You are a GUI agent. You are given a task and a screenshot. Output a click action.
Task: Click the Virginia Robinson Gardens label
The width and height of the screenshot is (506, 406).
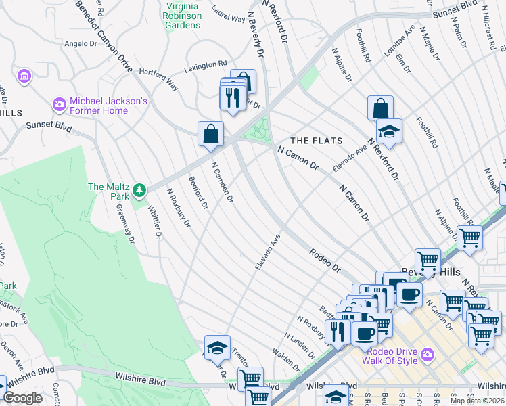point(183,16)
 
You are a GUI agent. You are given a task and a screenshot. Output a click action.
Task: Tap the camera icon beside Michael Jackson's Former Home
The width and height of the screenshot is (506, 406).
point(59,105)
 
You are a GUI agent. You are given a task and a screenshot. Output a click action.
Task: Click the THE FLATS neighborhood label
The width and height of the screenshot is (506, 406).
point(317,141)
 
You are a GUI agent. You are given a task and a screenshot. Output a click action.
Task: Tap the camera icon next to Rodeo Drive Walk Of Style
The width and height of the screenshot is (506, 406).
point(427,355)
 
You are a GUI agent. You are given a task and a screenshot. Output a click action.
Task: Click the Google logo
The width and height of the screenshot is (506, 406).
point(22,398)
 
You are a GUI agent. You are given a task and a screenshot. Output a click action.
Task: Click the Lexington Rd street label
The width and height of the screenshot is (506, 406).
point(206,66)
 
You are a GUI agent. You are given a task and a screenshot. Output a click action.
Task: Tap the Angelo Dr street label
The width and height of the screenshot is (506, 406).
point(81,43)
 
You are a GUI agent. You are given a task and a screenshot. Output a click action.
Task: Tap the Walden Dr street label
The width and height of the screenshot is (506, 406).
point(285,359)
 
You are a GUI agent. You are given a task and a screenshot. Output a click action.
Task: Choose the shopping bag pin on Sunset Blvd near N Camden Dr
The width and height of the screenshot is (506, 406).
point(210,133)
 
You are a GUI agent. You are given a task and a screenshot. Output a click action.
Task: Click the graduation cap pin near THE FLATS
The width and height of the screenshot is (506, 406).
point(389,131)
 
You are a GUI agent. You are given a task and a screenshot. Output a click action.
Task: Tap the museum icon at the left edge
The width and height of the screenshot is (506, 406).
point(25,76)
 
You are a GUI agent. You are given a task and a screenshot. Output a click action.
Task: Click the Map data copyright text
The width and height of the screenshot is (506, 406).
point(476,401)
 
